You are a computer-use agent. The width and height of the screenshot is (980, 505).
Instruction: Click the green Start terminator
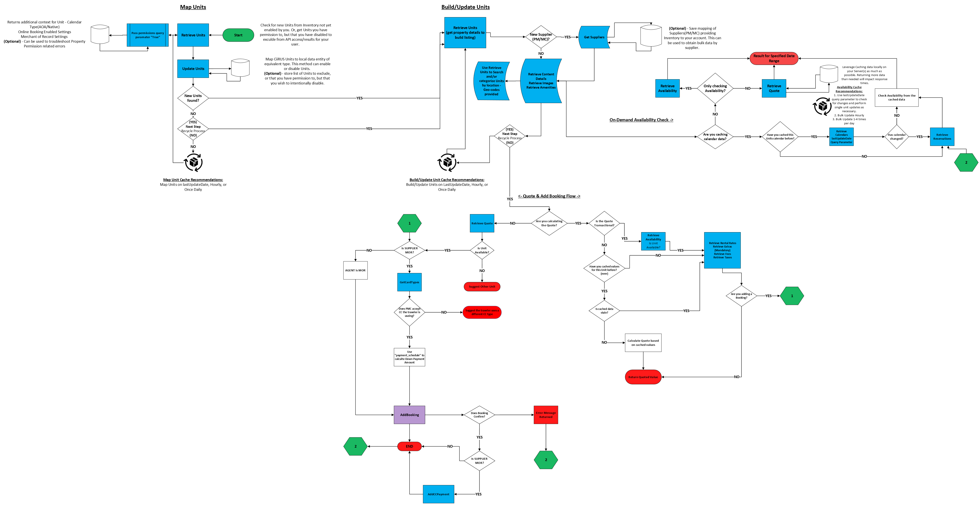[x=238, y=35]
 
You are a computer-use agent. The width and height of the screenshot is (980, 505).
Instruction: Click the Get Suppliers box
[x=594, y=37]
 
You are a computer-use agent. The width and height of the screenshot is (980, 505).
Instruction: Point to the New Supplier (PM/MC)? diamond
[x=540, y=37]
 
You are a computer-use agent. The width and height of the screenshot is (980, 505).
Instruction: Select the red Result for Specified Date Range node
[x=774, y=58]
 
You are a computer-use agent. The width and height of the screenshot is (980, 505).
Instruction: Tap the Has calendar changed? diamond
[x=897, y=136]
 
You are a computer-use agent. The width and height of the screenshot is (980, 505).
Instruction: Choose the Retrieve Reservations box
[x=942, y=136]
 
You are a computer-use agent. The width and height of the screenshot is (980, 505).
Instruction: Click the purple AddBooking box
[x=409, y=414]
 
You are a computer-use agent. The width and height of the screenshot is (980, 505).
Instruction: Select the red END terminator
[x=409, y=446]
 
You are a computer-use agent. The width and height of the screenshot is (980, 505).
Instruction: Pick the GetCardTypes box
[x=409, y=282]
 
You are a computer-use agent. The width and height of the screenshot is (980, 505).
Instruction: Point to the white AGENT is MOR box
[x=355, y=270]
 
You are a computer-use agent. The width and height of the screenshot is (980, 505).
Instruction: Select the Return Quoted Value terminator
[x=643, y=377]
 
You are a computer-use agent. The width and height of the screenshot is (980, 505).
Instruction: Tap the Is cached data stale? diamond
[x=604, y=311]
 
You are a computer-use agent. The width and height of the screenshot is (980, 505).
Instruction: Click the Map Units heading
[x=193, y=7]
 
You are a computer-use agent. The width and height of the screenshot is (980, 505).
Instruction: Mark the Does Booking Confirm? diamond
[x=479, y=414]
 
